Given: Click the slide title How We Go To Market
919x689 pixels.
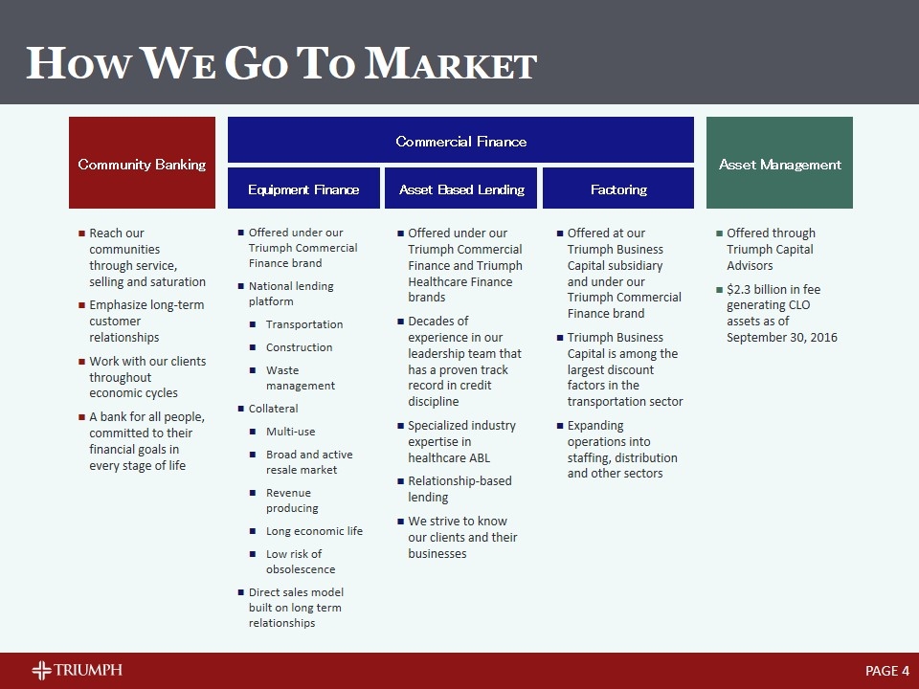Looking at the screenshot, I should coord(281,64).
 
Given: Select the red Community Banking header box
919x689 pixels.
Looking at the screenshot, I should coord(142,163).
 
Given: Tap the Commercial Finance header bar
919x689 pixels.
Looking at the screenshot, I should coord(460,141).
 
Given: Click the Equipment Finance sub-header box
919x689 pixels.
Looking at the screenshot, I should coord(303,189).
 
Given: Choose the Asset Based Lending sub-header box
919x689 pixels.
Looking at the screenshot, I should coord(461,189).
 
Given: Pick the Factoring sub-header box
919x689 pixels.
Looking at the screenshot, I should coord(618,189).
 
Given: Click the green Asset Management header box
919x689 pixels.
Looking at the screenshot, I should coord(779,163).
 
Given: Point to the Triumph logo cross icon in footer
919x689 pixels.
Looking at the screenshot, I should coord(41,670).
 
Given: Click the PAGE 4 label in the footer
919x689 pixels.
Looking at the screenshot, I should coord(886,671).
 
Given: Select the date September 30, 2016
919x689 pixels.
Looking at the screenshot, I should coord(781,337).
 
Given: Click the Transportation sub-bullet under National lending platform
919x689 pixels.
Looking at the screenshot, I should coord(303,324).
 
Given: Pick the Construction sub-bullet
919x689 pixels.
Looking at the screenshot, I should coord(299,347).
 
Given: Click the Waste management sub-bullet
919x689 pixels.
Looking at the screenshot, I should coord(300,378).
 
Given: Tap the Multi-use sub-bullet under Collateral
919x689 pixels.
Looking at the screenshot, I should coord(290,432).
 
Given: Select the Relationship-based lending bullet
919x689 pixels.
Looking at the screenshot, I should coord(459,489).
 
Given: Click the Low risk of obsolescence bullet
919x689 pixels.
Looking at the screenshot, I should coord(300,562).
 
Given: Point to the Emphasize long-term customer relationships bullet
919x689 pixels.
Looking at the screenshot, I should coord(146,321).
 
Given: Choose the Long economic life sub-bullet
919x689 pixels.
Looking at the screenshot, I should coord(314,531).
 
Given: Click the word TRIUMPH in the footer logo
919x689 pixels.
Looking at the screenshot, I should coord(88,670).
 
